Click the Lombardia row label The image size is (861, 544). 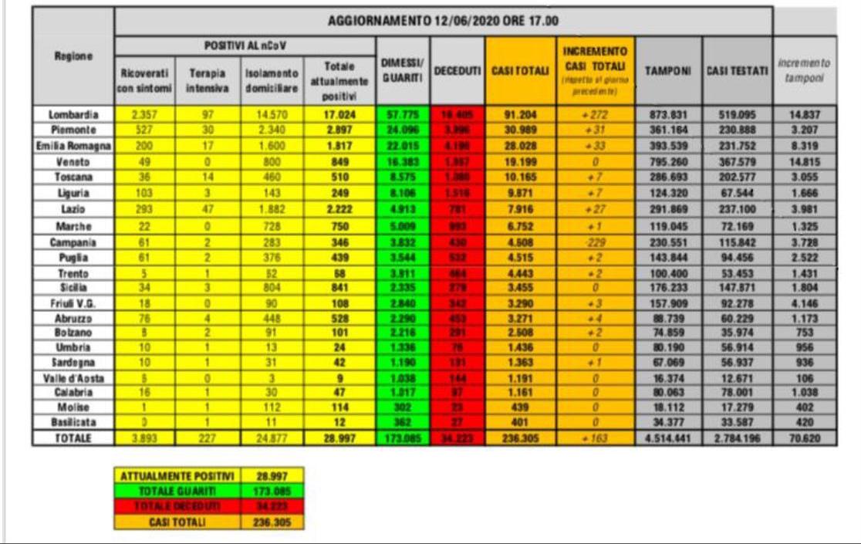[73, 114]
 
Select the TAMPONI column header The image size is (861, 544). [668, 70]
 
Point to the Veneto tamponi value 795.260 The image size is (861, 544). [668, 162]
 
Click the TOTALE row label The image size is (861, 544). [73, 438]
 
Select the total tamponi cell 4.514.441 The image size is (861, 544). [668, 438]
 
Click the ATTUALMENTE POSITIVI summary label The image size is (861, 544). [176, 476]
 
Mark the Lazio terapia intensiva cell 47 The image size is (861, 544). [207, 210]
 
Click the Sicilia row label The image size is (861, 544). [73, 286]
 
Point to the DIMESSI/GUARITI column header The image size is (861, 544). [402, 70]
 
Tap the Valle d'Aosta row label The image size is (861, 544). [73, 379]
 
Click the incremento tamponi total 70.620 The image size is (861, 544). [805, 438]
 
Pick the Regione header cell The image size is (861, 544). [73, 56]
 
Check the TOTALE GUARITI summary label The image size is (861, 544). [176, 492]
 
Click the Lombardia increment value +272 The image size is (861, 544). [597, 114]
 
